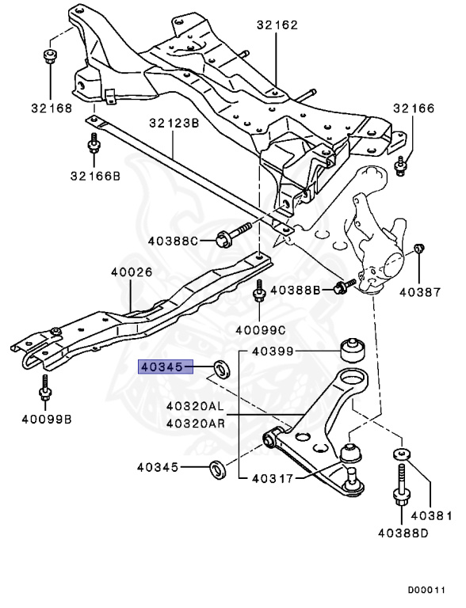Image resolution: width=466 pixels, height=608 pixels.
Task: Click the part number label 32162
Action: [x=277, y=25]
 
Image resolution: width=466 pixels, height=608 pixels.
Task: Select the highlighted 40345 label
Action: [x=165, y=367]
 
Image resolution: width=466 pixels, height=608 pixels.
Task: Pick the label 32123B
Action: [x=174, y=123]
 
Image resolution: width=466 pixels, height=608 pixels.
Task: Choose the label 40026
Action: [x=132, y=272]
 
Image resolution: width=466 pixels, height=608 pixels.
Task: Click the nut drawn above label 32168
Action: [x=49, y=57]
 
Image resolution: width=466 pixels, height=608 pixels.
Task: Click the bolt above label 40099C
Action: [x=258, y=294]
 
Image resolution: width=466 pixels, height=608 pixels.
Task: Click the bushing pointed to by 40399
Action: [x=349, y=350]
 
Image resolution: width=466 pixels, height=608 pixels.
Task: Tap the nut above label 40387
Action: [x=420, y=251]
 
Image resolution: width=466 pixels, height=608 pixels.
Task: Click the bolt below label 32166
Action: [x=401, y=165]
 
